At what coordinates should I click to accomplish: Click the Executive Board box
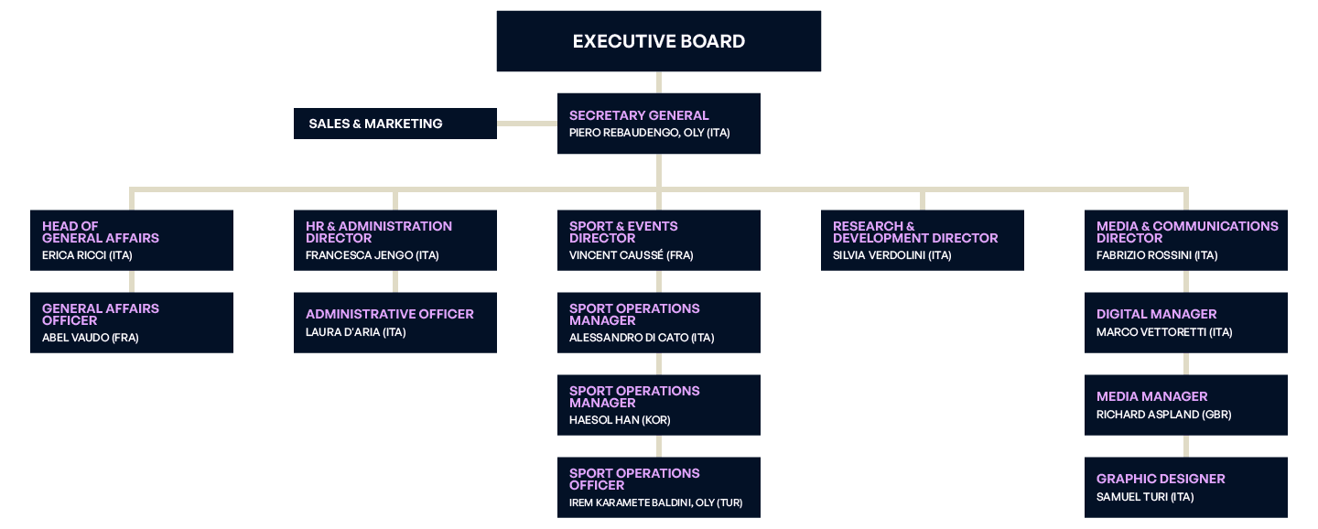658,41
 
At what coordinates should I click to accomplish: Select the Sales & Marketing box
394,124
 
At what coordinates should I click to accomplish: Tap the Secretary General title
638,115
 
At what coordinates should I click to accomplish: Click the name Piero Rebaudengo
649,133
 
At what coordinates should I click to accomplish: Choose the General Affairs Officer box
132,322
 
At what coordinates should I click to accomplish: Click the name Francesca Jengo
372,255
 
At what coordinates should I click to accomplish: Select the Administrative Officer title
389,314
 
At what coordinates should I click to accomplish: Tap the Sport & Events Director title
623,232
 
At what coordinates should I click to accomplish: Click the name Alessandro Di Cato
641,338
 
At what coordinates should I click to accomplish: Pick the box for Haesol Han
658,405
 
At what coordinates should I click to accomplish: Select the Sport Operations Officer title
633,479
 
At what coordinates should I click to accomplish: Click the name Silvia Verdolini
891,255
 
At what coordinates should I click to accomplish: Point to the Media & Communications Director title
1187,232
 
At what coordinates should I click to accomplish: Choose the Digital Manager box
1186,322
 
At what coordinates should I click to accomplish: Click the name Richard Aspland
1163,415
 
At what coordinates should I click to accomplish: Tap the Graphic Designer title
1160,479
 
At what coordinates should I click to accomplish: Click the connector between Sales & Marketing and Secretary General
527,123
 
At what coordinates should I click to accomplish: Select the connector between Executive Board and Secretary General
658,81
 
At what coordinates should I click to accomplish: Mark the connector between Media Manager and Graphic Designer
1186,446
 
